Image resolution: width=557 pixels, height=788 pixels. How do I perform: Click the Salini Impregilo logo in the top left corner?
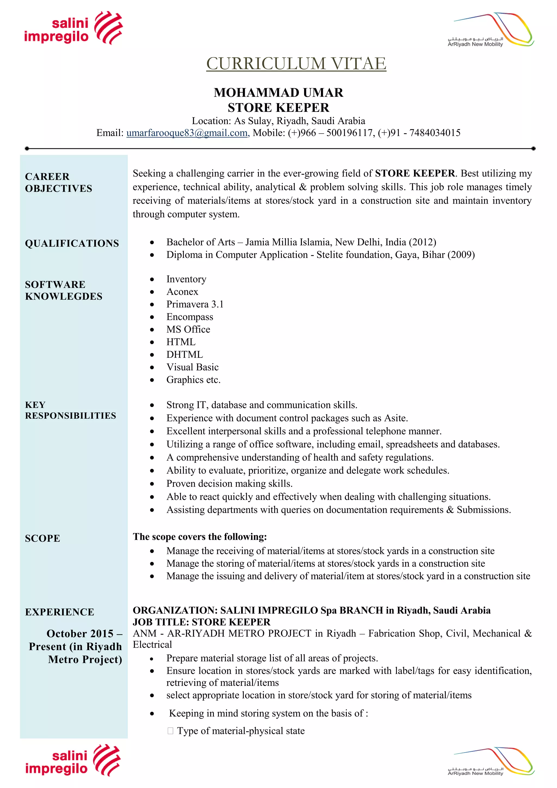point(73,28)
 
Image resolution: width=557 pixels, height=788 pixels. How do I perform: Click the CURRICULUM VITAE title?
point(296,63)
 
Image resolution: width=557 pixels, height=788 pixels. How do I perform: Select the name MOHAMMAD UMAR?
point(278,93)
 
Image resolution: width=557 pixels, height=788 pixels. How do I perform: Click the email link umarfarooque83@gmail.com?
point(188,133)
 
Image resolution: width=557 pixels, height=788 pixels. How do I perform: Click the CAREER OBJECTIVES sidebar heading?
point(58,183)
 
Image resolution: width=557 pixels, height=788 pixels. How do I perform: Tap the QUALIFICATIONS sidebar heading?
point(72,243)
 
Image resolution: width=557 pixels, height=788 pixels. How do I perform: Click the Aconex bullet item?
point(182,292)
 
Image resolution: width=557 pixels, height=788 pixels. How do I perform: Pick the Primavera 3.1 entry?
point(194,304)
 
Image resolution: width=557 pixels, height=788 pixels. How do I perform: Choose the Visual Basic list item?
point(192,367)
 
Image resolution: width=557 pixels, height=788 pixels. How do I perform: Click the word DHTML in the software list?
point(184,355)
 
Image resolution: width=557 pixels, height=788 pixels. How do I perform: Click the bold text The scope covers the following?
point(200,537)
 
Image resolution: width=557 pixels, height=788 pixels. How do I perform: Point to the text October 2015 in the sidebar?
point(80,633)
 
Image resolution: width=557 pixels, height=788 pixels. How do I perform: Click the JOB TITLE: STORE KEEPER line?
point(201,622)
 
